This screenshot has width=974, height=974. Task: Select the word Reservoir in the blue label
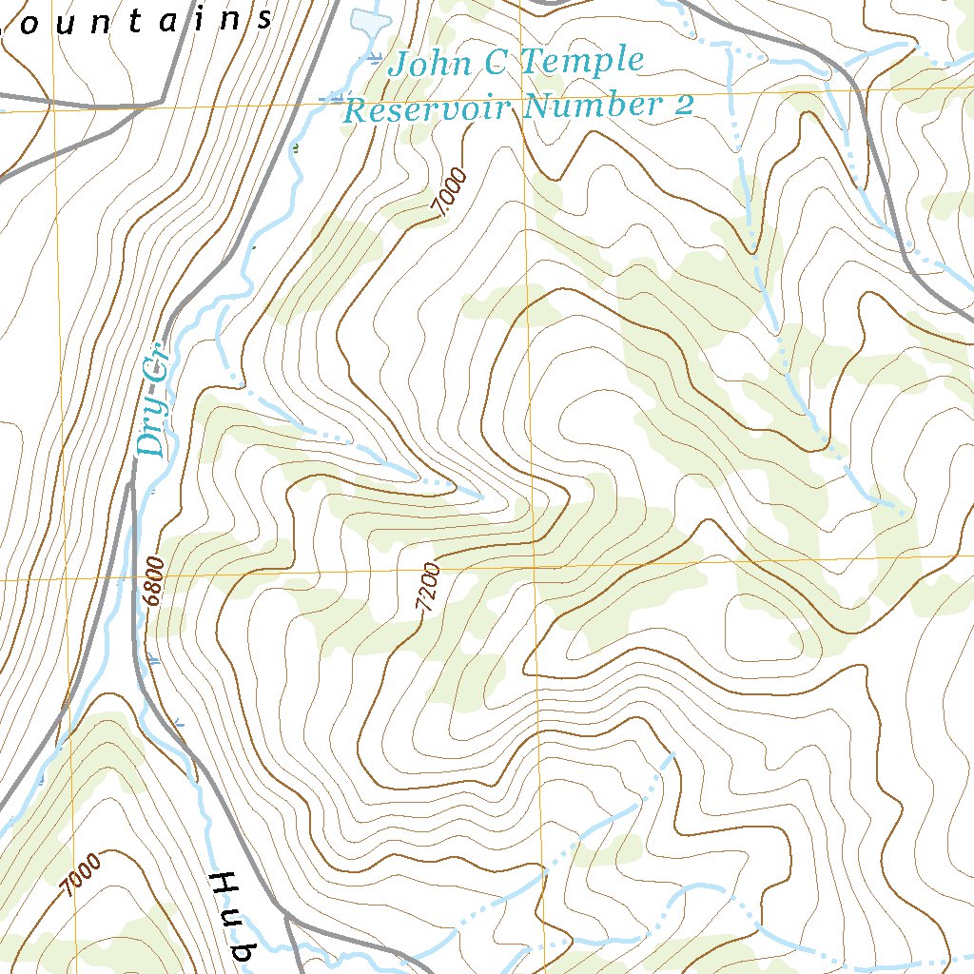427,108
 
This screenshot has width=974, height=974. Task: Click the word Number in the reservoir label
590,106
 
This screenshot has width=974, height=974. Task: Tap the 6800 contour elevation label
155,581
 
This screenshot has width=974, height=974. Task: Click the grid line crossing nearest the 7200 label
534,568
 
